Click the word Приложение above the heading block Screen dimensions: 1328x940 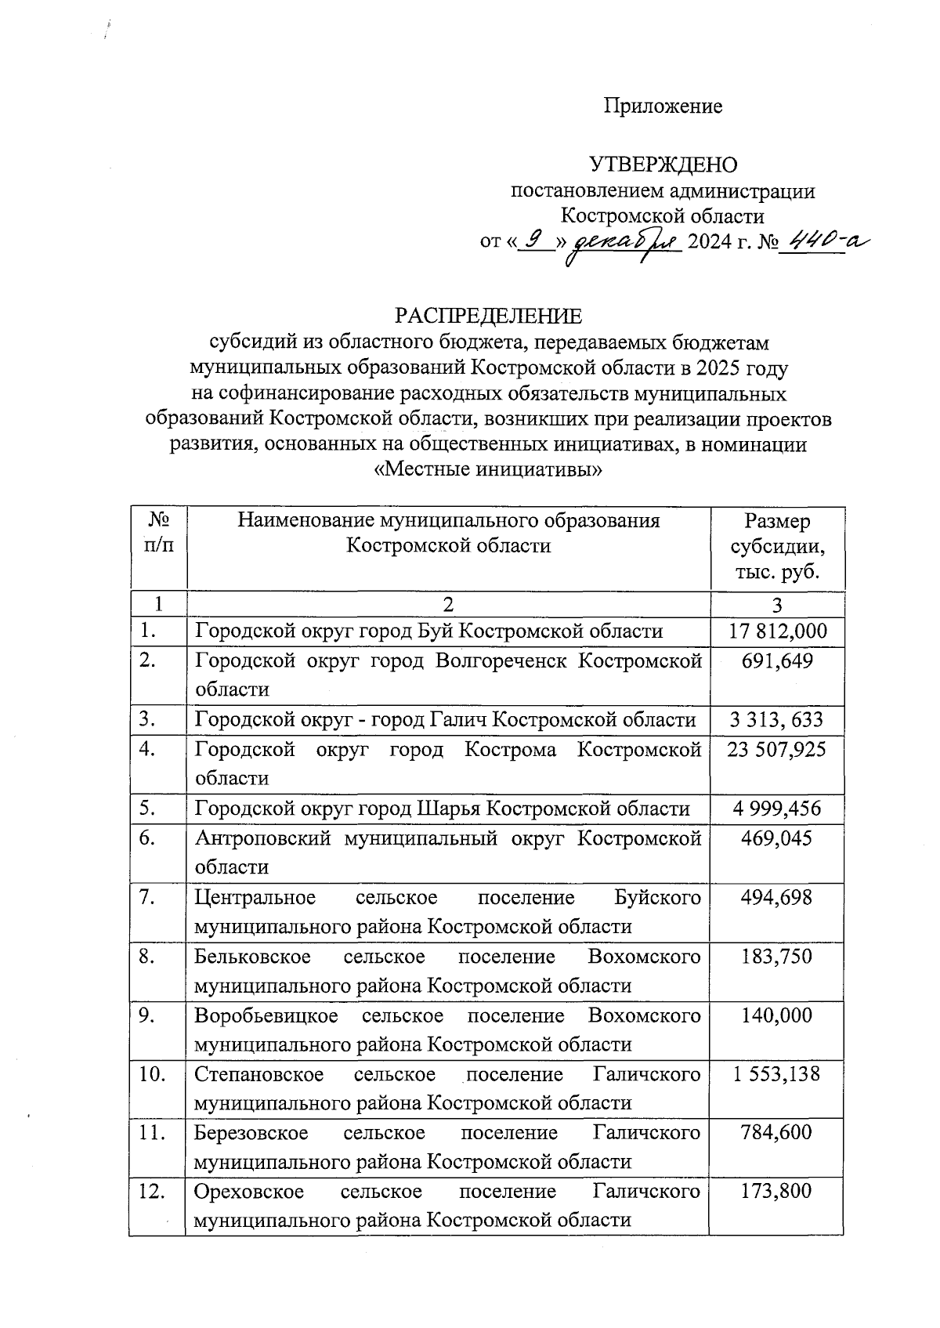coord(662,107)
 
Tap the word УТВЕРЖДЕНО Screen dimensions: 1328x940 coord(662,165)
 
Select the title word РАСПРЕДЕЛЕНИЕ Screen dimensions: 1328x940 coord(489,317)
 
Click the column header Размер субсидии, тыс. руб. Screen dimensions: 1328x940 coord(777,546)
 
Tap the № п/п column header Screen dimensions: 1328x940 coord(159,532)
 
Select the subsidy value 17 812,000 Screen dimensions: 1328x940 coord(777,631)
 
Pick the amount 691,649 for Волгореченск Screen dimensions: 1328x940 coord(777,661)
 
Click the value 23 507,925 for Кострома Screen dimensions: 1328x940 coord(777,750)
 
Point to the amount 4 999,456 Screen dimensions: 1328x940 coord(777,809)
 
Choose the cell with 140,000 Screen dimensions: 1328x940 coord(777,1015)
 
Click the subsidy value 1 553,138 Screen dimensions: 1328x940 coord(777,1074)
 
